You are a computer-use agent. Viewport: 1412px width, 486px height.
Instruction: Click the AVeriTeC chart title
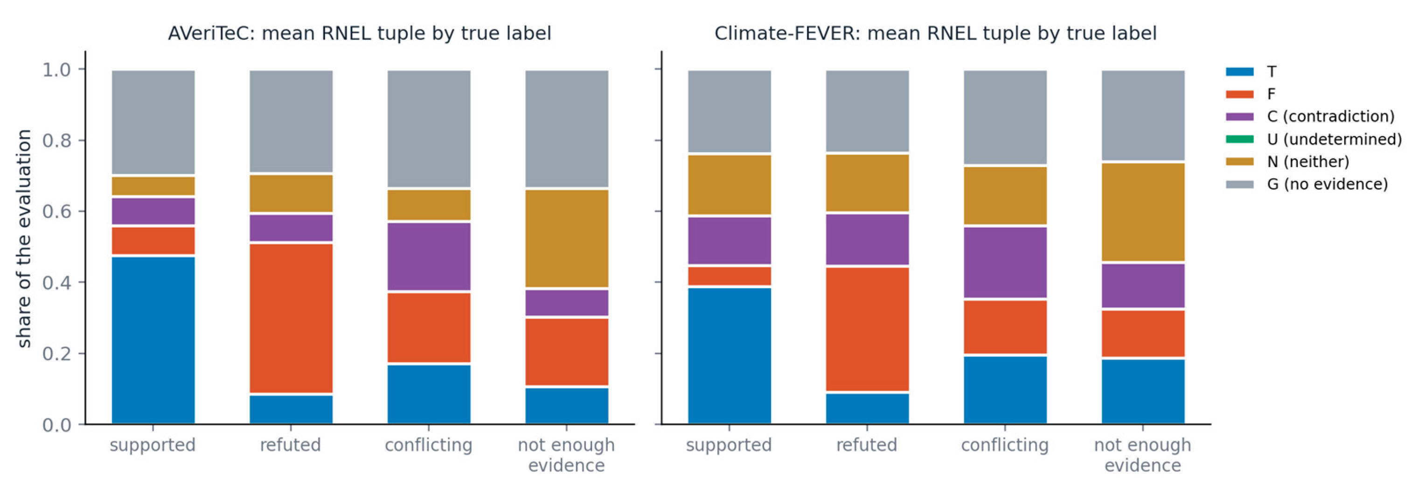(x=359, y=34)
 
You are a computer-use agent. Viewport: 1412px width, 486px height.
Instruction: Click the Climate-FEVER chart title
(x=935, y=34)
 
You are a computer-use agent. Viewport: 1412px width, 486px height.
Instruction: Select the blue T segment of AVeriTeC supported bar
(x=153, y=340)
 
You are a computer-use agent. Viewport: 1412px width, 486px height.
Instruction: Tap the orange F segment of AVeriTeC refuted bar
(x=291, y=319)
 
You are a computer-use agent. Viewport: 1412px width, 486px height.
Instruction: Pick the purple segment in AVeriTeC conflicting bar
(x=429, y=257)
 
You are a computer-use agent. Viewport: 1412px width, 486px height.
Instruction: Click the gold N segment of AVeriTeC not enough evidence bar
(x=567, y=238)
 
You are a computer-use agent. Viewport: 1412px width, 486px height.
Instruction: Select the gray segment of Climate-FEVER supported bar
(x=730, y=111)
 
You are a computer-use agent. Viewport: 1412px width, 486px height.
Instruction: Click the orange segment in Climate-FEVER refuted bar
(x=867, y=329)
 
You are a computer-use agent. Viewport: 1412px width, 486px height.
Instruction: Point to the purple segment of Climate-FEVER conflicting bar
(x=1005, y=263)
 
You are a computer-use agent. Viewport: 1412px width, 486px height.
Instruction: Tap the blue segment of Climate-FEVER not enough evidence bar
(x=1143, y=391)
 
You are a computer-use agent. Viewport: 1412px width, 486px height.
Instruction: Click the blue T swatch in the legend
(x=1239, y=72)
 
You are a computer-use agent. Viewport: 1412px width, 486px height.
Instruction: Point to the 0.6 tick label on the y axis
(x=57, y=211)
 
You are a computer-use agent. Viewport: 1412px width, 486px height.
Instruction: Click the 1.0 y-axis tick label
(x=57, y=69)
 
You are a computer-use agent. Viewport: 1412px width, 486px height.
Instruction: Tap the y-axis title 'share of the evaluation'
(x=24, y=238)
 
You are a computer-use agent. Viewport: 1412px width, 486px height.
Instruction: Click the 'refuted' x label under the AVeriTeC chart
(x=291, y=444)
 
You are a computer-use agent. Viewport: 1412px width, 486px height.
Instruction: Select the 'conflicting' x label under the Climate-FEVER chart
(x=1005, y=444)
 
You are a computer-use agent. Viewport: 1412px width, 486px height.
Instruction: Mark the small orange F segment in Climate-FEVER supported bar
(x=730, y=276)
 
